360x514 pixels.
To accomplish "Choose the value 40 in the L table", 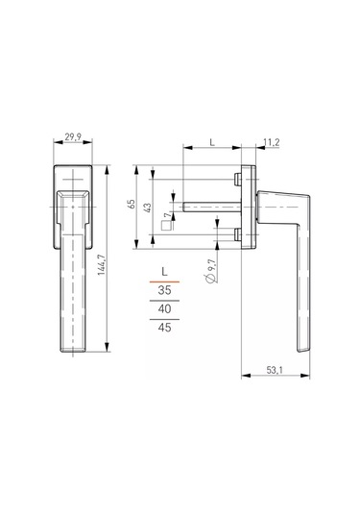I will pos(164,308).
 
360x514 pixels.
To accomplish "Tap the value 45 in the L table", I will pos(164,329).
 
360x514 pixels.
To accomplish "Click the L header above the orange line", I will pos(164,269).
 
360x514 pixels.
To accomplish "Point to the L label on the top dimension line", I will pos(211,142).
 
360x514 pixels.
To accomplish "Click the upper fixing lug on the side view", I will pos(236,180).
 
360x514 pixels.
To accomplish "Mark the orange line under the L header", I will pos(164,279).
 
